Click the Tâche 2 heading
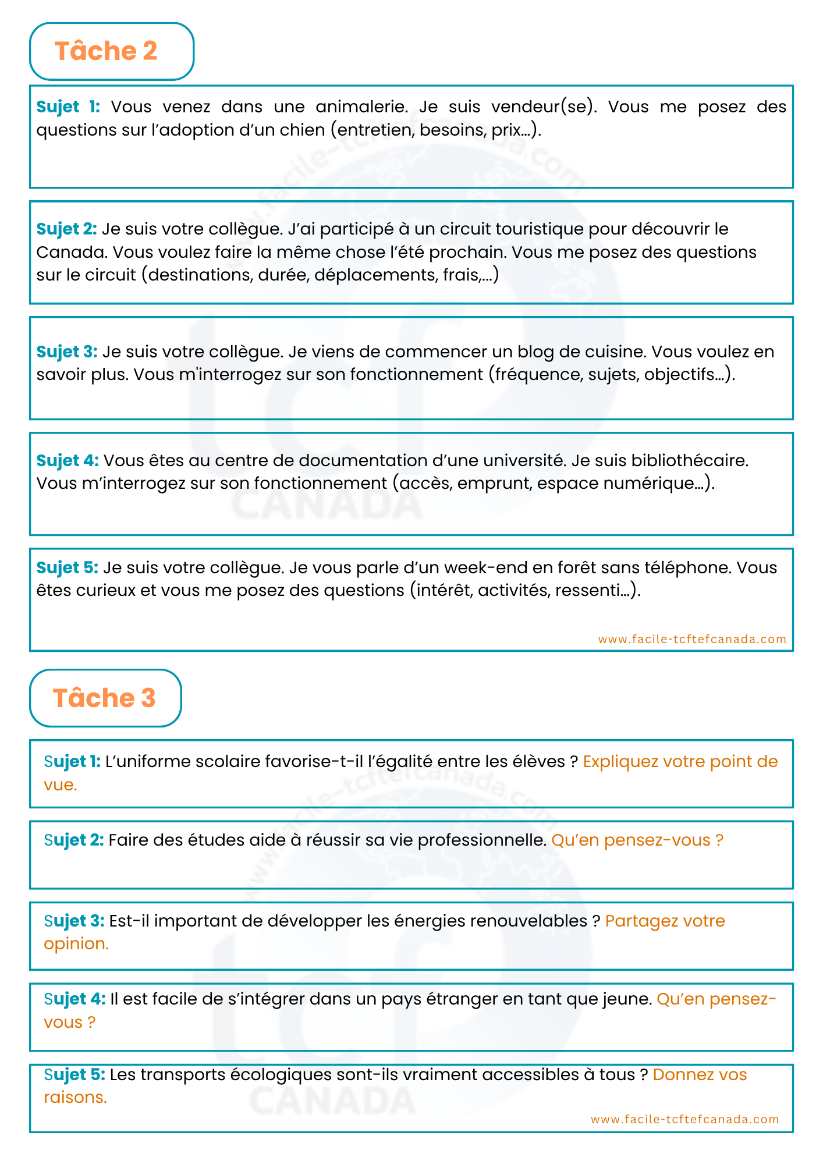[x=106, y=51]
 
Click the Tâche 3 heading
[x=104, y=698]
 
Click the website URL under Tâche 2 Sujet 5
[x=692, y=639]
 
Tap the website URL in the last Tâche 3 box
[x=684, y=1119]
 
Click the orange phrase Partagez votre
[x=665, y=921]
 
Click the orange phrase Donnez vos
[x=700, y=1074]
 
